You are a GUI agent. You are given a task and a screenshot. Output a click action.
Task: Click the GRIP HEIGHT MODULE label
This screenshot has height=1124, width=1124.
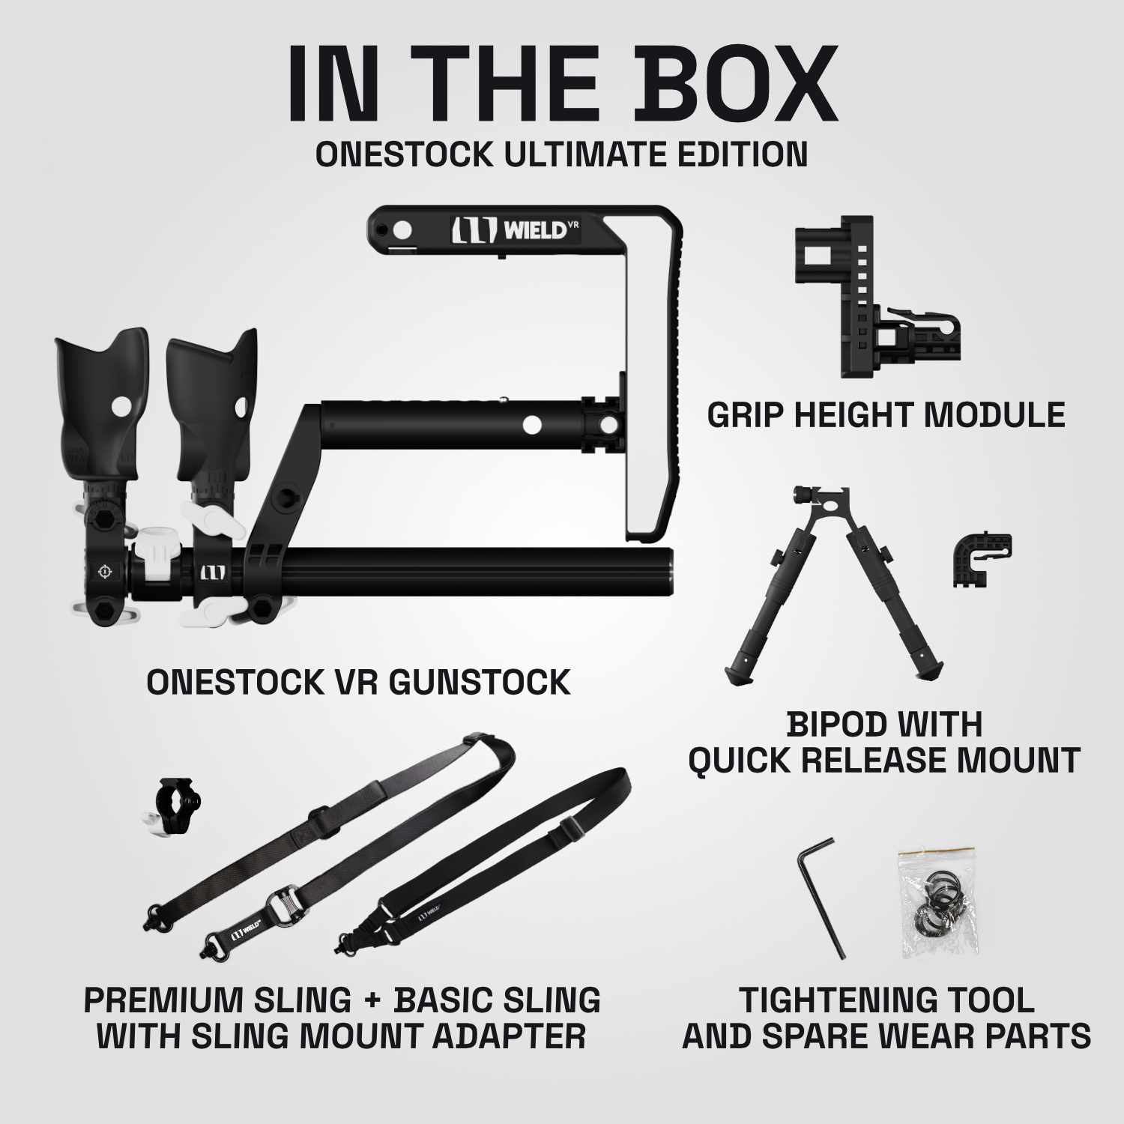tap(886, 414)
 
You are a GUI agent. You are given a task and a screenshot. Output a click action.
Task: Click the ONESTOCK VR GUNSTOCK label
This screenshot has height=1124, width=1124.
tap(358, 682)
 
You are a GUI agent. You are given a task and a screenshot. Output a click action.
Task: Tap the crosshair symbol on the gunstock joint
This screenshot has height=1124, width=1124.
tap(104, 572)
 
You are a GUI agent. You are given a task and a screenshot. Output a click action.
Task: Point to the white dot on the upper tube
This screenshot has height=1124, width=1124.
tap(532, 425)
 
